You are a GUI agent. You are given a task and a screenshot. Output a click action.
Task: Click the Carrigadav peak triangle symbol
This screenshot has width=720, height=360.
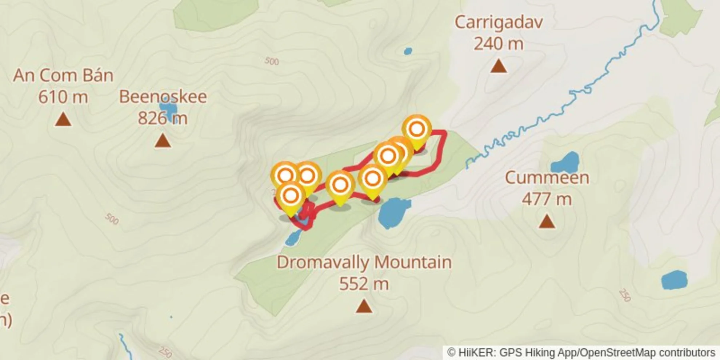498,67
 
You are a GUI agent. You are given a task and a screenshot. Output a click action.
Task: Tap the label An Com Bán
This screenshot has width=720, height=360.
63,76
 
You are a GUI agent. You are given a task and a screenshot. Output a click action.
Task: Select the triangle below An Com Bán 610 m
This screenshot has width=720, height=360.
63,120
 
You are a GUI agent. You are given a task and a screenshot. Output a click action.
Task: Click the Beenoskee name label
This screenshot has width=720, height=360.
163,97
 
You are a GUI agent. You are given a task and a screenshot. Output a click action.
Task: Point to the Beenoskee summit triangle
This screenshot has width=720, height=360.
163,141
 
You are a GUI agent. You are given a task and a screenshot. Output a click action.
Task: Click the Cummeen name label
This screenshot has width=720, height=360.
547,178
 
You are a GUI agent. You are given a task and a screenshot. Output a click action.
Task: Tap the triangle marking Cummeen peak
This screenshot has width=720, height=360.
547,221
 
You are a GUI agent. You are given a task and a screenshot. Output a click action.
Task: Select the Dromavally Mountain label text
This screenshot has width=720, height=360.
364,262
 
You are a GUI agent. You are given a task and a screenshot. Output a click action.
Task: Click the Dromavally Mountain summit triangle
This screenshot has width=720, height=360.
364,306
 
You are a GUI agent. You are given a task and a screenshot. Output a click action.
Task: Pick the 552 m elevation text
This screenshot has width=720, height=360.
364,284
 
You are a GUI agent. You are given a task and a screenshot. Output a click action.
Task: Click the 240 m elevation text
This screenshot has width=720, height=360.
499,44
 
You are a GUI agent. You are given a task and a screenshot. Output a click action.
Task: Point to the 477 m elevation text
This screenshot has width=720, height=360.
547,199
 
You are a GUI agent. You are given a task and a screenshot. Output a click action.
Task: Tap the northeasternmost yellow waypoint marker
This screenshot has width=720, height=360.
417,129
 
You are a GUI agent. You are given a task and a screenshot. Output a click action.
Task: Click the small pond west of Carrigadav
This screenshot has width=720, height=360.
408,51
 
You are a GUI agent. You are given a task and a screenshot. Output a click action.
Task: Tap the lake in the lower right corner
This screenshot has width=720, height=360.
674,280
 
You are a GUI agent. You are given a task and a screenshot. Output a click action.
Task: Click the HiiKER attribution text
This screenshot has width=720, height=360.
581,353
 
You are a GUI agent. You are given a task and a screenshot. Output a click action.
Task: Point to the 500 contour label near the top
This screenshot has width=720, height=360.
272,61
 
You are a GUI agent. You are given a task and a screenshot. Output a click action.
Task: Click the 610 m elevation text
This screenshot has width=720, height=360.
63,97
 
